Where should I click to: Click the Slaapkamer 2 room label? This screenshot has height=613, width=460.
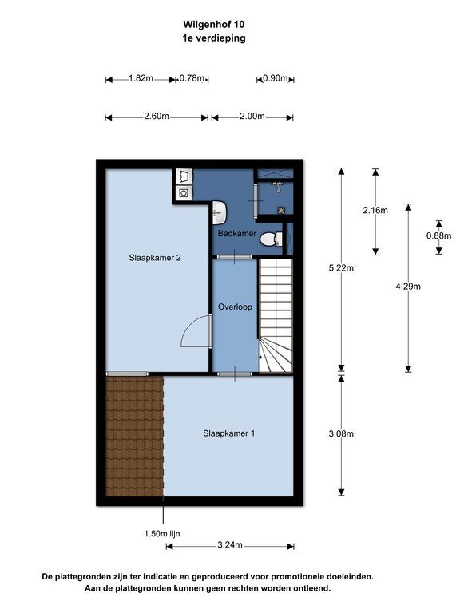(x=155, y=258)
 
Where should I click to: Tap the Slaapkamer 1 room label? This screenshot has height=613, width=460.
(x=229, y=433)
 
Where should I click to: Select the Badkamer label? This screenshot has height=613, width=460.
(x=237, y=233)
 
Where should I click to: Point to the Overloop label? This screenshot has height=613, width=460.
(x=235, y=306)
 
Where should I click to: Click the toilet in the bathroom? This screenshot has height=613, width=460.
(x=272, y=239)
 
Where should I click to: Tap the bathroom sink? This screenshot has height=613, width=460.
(x=220, y=212)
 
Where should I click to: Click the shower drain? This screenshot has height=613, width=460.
(x=281, y=211)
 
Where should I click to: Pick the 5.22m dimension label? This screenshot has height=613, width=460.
(x=341, y=268)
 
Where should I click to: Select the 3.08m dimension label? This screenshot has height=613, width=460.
(x=341, y=433)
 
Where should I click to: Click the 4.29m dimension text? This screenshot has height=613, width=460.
(x=408, y=287)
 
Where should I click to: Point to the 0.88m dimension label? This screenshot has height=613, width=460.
(x=439, y=235)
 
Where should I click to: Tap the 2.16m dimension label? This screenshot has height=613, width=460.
(x=375, y=211)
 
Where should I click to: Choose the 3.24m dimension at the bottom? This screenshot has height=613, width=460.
(x=230, y=545)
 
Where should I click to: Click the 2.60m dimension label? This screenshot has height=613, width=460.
(x=157, y=116)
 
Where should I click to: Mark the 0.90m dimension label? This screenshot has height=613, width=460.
(x=276, y=78)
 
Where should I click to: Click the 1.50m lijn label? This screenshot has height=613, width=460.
(x=162, y=534)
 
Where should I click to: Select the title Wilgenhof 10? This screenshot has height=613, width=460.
(x=214, y=24)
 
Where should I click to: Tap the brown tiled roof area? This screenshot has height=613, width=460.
(x=134, y=436)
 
